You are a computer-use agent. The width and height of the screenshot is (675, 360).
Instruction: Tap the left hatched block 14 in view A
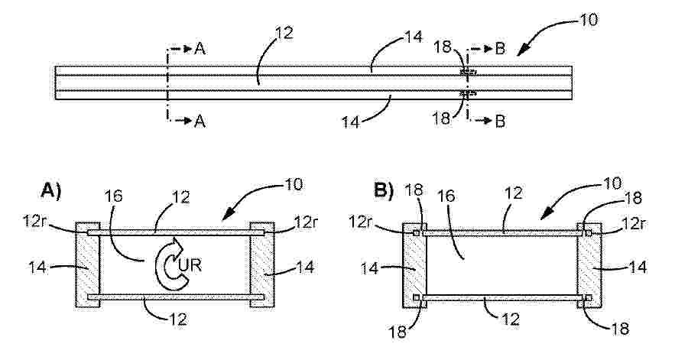[x=88, y=264]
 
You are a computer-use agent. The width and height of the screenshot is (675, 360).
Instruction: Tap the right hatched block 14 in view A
[x=262, y=264]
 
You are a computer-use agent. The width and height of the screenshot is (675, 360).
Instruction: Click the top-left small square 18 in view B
[x=417, y=233]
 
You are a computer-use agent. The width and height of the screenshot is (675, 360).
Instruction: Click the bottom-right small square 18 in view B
[x=589, y=297]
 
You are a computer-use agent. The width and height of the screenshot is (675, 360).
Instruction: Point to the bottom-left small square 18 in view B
[x=417, y=297]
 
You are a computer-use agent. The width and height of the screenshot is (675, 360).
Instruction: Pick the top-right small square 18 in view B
[x=589, y=233]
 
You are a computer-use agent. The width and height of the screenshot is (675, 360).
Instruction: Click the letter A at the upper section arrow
[x=200, y=49]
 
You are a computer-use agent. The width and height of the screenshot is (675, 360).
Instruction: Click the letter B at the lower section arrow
[x=500, y=122]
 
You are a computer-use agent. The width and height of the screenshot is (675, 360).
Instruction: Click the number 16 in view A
[x=113, y=196]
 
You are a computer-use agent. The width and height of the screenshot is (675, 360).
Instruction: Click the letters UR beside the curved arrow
[x=190, y=265]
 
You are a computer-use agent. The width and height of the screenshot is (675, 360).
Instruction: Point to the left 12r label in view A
[x=33, y=222]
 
